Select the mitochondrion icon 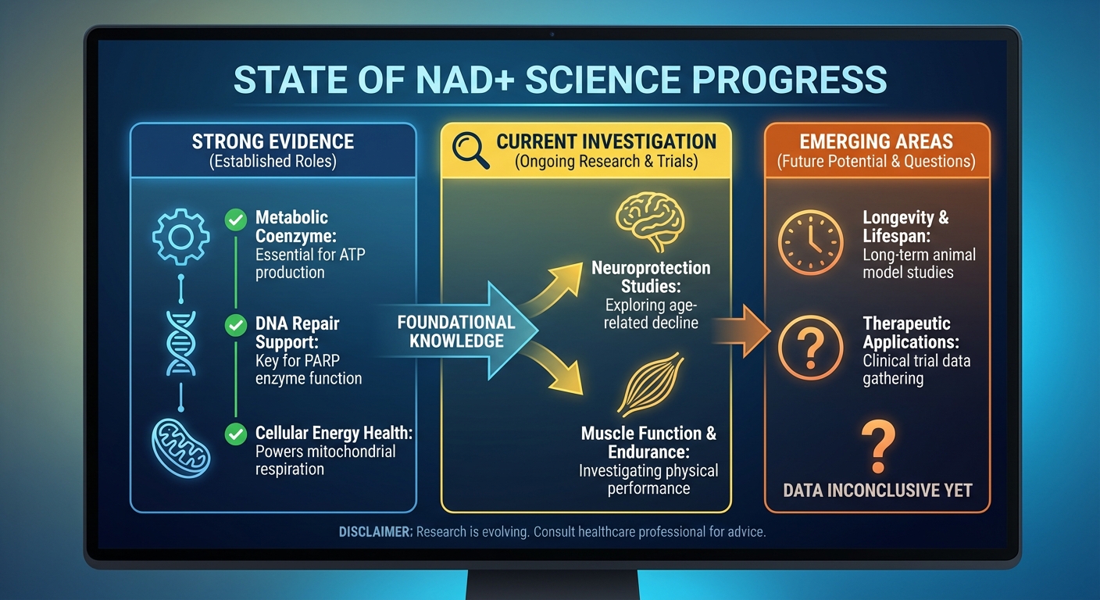(x=181, y=448)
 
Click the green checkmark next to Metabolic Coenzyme (x=235, y=220)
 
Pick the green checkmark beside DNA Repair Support (x=235, y=325)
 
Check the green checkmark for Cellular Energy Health (x=235, y=434)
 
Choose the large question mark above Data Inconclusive (x=877, y=445)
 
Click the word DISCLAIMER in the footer (x=375, y=532)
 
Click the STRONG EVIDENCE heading (x=273, y=141)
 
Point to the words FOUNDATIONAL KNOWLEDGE (x=456, y=331)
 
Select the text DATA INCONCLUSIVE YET (x=877, y=491)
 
